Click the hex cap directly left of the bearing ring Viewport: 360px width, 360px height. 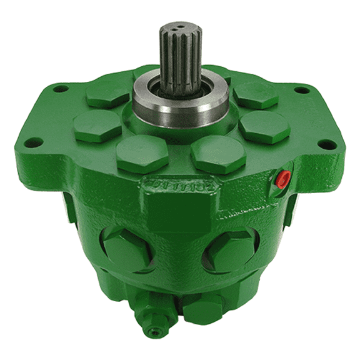pyautogui.click(x=97, y=124)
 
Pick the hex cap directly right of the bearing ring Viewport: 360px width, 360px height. pyautogui.click(x=264, y=126)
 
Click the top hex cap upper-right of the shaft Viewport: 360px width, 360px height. pyautogui.click(x=255, y=94)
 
